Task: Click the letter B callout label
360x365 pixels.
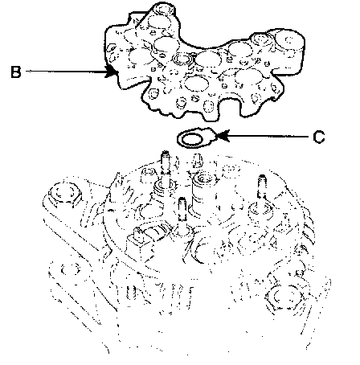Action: tap(16, 72)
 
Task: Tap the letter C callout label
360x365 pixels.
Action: tap(319, 137)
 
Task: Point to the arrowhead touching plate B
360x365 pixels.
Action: tap(111, 72)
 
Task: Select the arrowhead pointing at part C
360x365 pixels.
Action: tap(223, 136)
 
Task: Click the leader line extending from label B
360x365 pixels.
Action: tap(66, 72)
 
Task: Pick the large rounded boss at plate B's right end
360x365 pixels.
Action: tap(290, 43)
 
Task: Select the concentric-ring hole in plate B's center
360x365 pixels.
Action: tap(182, 59)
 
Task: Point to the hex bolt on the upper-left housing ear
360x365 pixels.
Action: tap(63, 194)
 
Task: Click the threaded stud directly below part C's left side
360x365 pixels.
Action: tap(166, 164)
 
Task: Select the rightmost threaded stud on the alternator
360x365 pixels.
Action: tap(262, 187)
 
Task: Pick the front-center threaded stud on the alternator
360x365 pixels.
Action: tap(182, 211)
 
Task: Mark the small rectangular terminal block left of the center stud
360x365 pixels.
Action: tap(137, 243)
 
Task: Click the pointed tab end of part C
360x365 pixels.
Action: tap(212, 136)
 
